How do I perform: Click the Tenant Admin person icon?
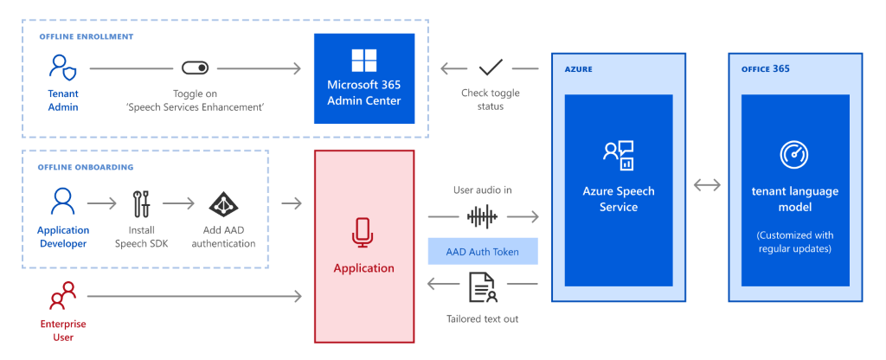pyautogui.click(x=62, y=67)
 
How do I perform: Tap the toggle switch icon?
pyautogui.click(x=195, y=67)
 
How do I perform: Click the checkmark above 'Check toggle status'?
pyautogui.click(x=491, y=67)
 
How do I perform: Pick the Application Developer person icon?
pyautogui.click(x=62, y=202)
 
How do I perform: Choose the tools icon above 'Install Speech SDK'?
pyautogui.click(x=141, y=204)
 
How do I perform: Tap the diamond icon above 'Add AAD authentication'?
pyautogui.click(x=223, y=204)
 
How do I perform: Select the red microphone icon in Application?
pyautogui.click(x=363, y=232)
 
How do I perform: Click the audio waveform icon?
pyautogui.click(x=483, y=215)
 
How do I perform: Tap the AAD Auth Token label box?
pyautogui.click(x=483, y=251)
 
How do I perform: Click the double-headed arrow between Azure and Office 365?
pyautogui.click(x=707, y=184)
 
